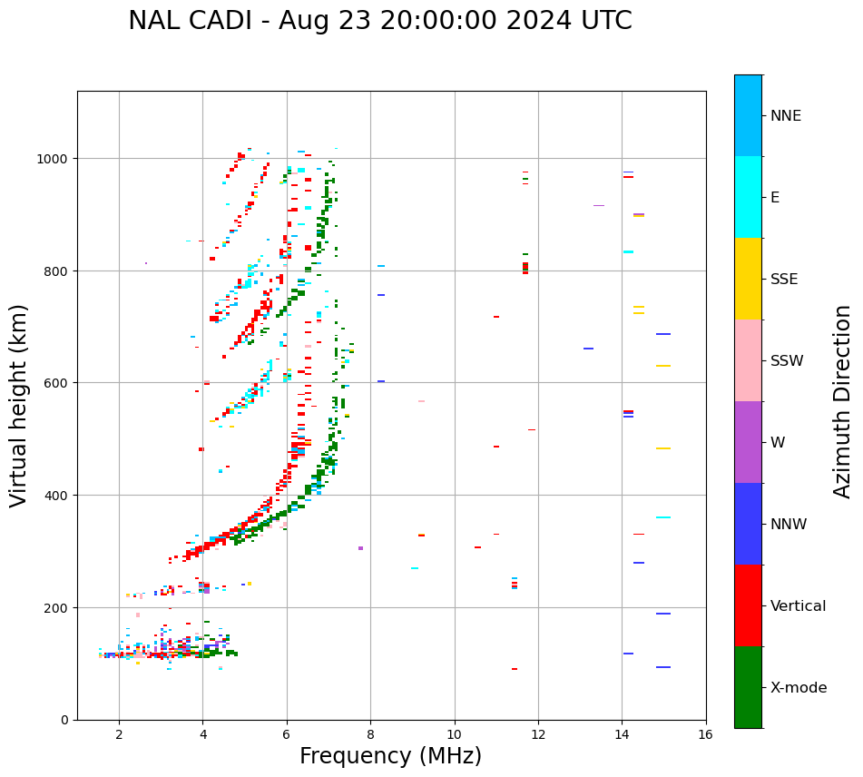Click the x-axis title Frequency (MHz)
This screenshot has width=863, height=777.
[x=390, y=756]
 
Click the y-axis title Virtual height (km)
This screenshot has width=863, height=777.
[x=19, y=405]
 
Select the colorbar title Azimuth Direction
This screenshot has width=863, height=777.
[x=843, y=401]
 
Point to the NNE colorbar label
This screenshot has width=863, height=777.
[x=786, y=116]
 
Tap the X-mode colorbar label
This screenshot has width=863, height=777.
[x=799, y=688]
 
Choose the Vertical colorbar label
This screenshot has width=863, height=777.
[x=799, y=606]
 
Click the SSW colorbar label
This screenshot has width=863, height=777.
[x=787, y=361]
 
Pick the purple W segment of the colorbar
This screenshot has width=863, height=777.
[x=748, y=442]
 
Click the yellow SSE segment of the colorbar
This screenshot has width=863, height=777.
[x=748, y=279]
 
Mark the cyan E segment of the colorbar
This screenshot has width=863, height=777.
[x=748, y=197]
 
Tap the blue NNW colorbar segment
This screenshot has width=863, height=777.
[x=748, y=524]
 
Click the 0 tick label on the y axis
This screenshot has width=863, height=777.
[x=65, y=720]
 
